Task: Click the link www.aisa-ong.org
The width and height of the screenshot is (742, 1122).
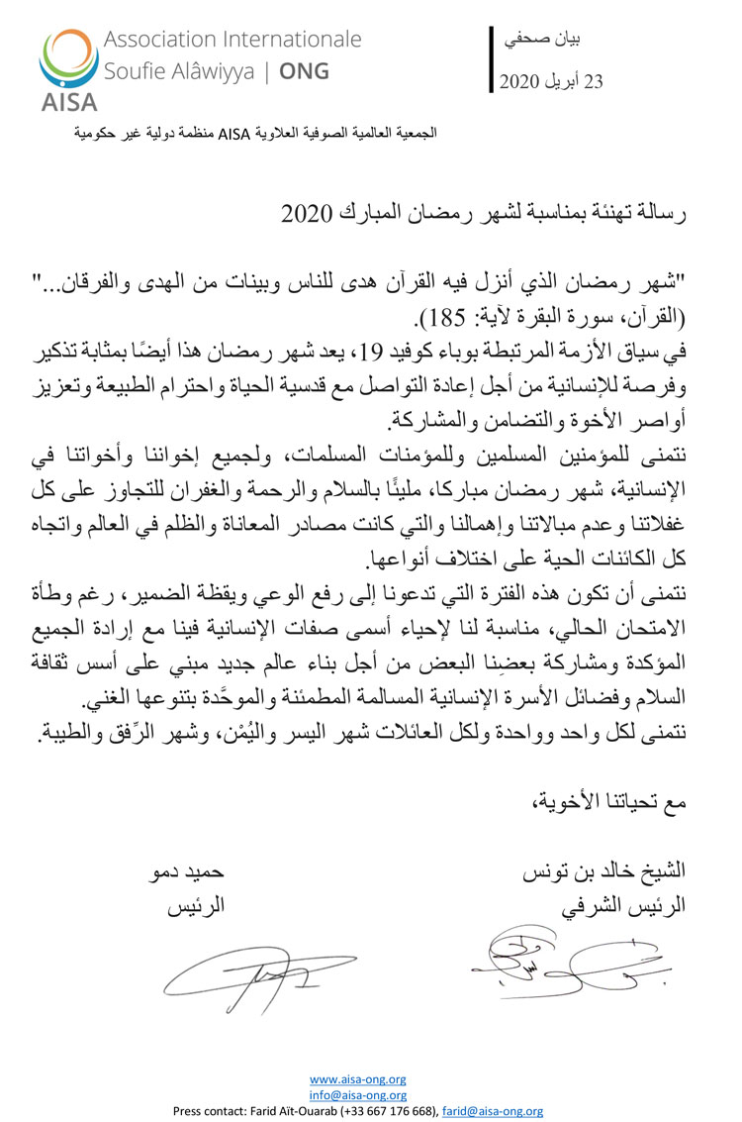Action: [357, 1079]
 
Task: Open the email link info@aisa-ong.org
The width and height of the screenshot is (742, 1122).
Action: [357, 1094]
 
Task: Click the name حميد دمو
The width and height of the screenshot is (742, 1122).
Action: [196, 874]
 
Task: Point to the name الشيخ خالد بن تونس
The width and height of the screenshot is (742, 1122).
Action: [607, 874]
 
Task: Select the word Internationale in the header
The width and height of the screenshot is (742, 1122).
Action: [288, 41]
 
